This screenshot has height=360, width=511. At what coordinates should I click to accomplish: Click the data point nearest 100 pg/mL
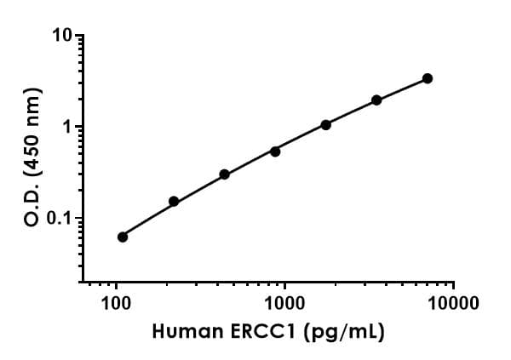pyautogui.click(x=123, y=237)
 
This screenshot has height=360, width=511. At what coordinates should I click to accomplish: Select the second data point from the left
pyautogui.click(x=174, y=202)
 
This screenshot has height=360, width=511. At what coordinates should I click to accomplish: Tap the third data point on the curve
pyautogui.click(x=224, y=174)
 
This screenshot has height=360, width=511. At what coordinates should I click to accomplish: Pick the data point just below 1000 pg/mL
pyautogui.click(x=275, y=151)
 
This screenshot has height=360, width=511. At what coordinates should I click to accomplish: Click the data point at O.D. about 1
pyautogui.click(x=325, y=125)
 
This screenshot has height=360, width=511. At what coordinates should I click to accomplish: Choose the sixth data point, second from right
pyautogui.click(x=376, y=100)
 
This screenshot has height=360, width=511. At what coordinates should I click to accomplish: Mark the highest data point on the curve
pyautogui.click(x=427, y=78)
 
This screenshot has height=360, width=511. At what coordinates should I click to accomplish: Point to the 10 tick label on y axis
pyautogui.click(x=62, y=37)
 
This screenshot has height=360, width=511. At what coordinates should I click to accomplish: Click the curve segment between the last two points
pyautogui.click(x=402, y=89)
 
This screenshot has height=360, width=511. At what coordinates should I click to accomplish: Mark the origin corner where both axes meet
pyautogui.click(x=81, y=282)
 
